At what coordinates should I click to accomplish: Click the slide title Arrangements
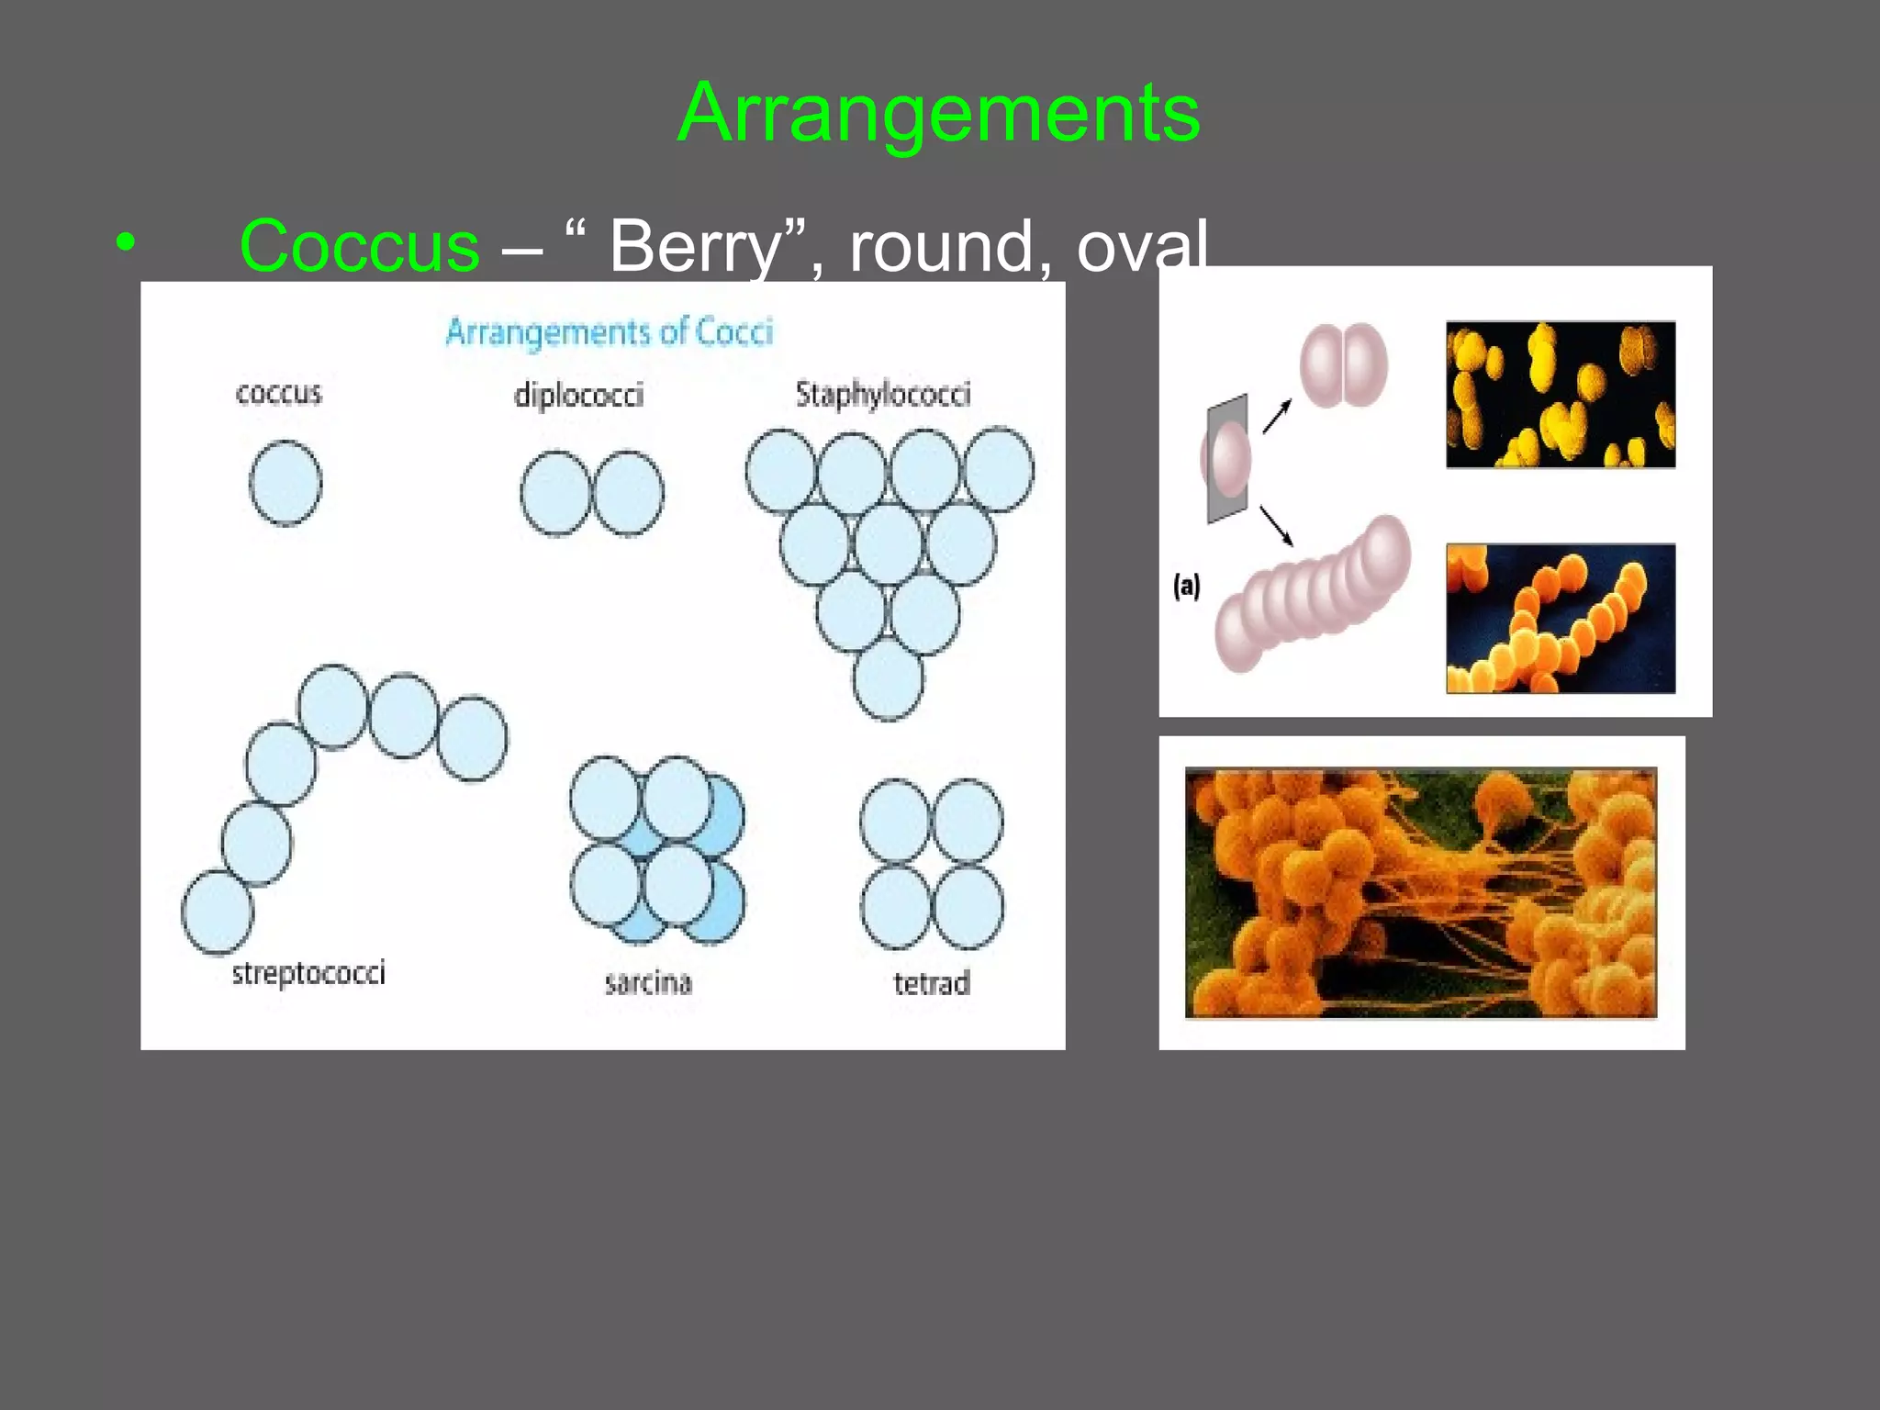click(x=938, y=113)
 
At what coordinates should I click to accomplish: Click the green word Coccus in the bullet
click(x=359, y=246)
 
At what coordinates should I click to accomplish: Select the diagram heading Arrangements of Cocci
click(x=609, y=331)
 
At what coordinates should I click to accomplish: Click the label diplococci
click(x=578, y=395)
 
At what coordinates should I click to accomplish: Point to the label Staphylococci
click(x=883, y=394)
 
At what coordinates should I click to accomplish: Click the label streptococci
click(x=308, y=972)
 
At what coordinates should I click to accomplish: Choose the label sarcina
click(x=648, y=982)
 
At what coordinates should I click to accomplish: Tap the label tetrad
click(x=931, y=983)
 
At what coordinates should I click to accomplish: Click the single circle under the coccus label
click(x=285, y=483)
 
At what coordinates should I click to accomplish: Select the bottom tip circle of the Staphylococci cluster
click(x=889, y=679)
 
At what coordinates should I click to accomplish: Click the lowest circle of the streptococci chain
click(x=218, y=912)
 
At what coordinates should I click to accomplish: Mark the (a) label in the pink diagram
click(x=1186, y=586)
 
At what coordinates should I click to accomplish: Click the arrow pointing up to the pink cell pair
click(x=1277, y=416)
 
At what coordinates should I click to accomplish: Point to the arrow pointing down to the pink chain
click(x=1276, y=526)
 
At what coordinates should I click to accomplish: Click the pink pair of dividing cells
click(x=1344, y=364)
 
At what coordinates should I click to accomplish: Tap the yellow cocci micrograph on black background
click(x=1561, y=395)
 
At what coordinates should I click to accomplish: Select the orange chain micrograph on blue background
click(x=1561, y=618)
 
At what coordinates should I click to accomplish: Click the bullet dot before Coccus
click(x=126, y=244)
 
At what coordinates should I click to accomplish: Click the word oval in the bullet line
click(x=1142, y=246)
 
